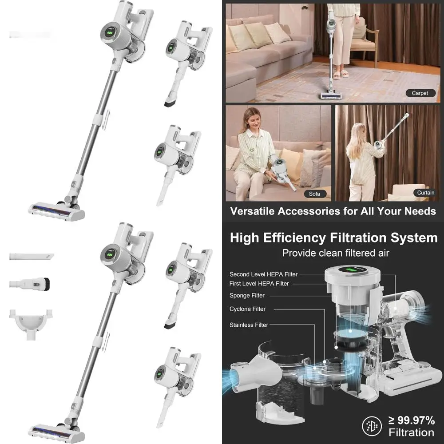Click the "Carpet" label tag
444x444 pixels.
420,93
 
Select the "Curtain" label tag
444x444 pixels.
425,193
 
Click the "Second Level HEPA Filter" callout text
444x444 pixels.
264,274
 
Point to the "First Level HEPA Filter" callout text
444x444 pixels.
259,283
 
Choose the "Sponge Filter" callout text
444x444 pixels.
247,296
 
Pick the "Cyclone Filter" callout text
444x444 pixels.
247,309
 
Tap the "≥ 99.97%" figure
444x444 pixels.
411,420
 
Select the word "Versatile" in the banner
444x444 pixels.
251,211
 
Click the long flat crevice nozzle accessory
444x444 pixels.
31,257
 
